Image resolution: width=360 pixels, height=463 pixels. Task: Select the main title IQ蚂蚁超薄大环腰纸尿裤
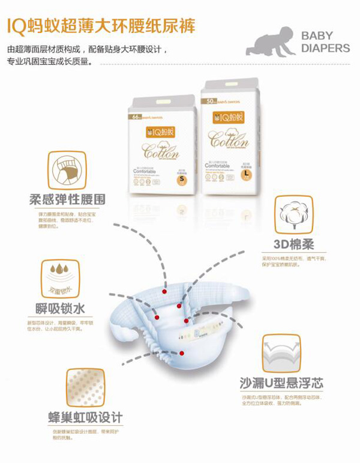(x=101, y=26)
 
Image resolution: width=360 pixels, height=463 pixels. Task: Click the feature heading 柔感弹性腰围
(x=67, y=199)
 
